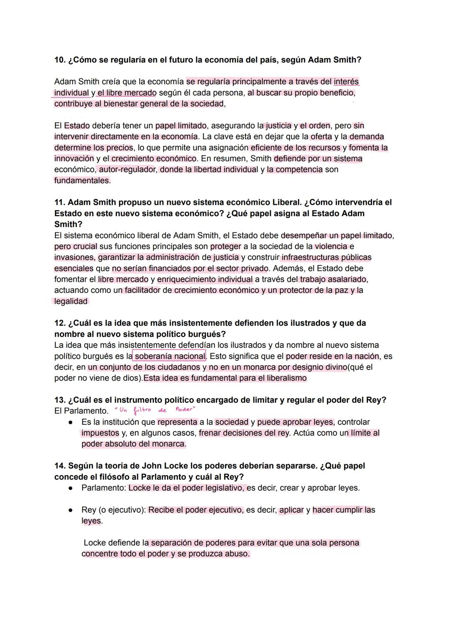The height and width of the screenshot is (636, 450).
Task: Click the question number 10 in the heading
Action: [60, 60]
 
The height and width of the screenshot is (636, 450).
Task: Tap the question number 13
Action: [60, 400]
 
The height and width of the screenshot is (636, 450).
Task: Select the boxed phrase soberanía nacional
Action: [170, 356]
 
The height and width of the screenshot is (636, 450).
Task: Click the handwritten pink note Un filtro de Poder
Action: [155, 410]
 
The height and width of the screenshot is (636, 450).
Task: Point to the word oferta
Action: [321, 137]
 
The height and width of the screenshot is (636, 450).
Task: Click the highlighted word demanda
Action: [367, 137]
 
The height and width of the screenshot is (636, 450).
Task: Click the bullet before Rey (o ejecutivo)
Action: [72, 510]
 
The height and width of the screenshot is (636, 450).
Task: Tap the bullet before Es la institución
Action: [72, 422]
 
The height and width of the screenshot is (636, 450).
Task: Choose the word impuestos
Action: [100, 433]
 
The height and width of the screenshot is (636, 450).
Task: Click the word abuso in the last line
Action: [237, 554]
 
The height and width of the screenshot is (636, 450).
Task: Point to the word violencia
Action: [331, 247]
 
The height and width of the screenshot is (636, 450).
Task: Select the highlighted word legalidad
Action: [71, 302]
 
